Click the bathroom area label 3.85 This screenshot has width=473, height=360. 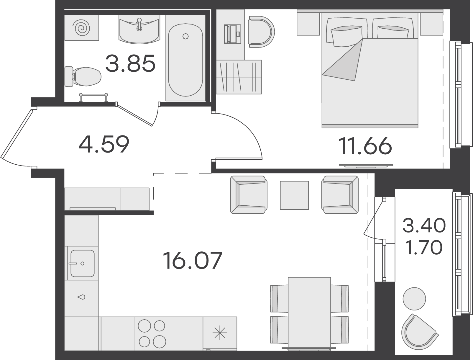tap(130, 63)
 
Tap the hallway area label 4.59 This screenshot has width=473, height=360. tap(104, 144)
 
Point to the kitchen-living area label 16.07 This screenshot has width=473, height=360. tap(193, 261)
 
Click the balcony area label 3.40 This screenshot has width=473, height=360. tap(424, 225)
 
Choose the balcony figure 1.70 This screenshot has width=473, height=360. tap(424, 248)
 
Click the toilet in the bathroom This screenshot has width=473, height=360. tap(83, 76)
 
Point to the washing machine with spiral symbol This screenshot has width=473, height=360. tap(82, 28)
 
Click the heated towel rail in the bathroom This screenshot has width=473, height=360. tap(93, 97)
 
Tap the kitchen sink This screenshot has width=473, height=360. tap(83, 264)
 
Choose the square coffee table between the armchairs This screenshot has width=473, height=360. tap(294, 195)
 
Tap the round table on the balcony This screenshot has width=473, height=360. tap(414, 299)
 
